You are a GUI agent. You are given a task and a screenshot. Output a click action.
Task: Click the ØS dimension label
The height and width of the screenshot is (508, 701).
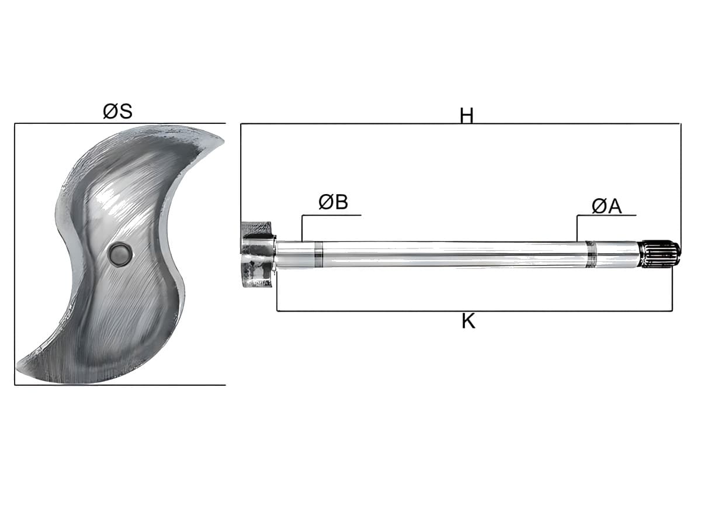(117, 111)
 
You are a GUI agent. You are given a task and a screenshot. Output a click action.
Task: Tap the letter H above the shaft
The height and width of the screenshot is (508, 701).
(466, 116)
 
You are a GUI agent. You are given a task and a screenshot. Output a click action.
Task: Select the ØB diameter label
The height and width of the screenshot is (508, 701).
(333, 202)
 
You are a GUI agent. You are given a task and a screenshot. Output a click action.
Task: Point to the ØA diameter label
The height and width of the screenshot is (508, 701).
(606, 206)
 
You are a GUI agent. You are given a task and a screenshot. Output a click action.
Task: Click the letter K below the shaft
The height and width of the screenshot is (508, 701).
(469, 321)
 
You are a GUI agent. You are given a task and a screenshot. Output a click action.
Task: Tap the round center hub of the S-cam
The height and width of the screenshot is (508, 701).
(120, 254)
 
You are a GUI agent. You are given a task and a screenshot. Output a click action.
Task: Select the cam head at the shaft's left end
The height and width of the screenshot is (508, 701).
(258, 254)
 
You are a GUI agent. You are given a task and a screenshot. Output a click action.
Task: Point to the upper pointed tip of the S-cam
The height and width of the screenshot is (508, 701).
(223, 140)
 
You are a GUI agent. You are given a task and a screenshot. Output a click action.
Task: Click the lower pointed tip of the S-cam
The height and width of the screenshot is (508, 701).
(18, 368)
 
